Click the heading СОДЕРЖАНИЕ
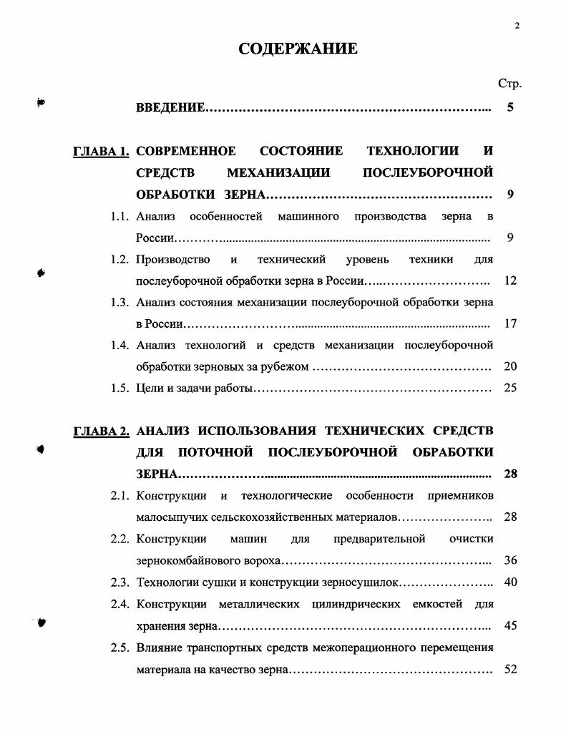point(297,49)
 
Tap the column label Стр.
point(509,84)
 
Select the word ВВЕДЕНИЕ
point(170,108)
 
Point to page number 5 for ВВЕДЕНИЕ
point(510,108)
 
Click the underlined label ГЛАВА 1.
point(101,151)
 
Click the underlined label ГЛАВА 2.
point(101,431)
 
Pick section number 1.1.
point(119,216)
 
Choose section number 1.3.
point(119,302)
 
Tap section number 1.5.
point(119,388)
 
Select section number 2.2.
point(119,539)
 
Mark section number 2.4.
point(119,604)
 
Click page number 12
point(510,280)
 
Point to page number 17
point(510,323)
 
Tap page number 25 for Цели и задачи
point(510,388)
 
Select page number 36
point(510,560)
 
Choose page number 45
point(510,625)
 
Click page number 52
point(510,670)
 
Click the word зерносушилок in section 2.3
point(367,582)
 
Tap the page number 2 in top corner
point(517,26)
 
